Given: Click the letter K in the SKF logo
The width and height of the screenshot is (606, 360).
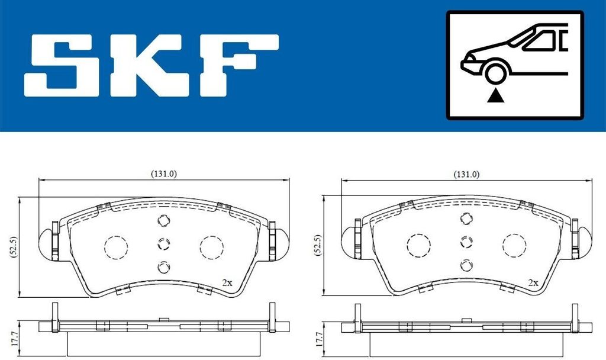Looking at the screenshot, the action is [x=150, y=65].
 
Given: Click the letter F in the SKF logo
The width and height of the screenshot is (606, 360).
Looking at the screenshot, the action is [x=239, y=65].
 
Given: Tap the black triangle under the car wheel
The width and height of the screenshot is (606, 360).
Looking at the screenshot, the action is [x=495, y=96].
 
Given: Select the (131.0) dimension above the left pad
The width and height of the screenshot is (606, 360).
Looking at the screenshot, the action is [x=163, y=174].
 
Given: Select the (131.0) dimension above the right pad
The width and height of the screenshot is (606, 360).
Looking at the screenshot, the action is [x=466, y=175].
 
